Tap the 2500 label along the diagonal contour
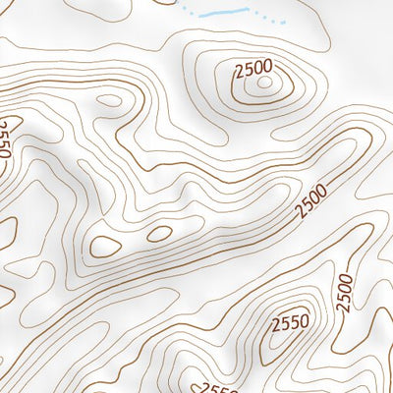pyautogui.click(x=311, y=199)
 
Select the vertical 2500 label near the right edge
pyautogui.click(x=343, y=293)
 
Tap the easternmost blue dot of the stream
pyautogui.click(x=284, y=23)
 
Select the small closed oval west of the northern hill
pyautogui.click(x=110, y=99)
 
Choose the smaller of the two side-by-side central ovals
pyautogui.click(x=158, y=234)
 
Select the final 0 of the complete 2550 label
pyautogui.click(x=304, y=319)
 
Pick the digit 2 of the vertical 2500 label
pyautogui.click(x=345, y=308)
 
